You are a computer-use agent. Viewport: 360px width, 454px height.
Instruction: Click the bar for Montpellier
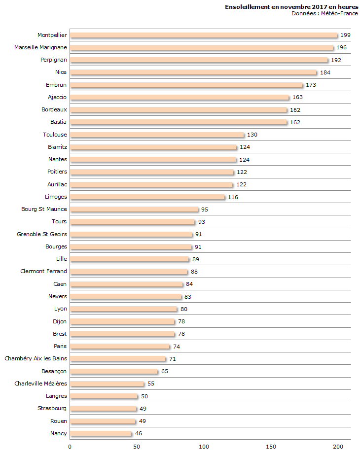coord(204,35)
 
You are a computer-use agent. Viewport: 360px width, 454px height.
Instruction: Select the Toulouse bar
coord(157,135)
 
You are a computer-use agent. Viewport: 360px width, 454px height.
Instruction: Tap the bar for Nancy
coord(101,433)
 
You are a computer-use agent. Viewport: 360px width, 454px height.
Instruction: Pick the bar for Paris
coord(119,346)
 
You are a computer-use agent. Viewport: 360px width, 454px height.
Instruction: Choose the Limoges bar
coord(147,197)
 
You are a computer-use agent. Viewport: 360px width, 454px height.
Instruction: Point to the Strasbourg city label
coord(52,408)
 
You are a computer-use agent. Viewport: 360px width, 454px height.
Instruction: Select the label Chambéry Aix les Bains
coord(36,358)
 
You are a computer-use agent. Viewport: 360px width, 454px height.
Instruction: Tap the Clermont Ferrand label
coord(43,271)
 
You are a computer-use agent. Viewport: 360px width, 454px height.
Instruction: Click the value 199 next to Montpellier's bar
coord(345,35)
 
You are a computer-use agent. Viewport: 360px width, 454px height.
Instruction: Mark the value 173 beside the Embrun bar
coord(311,85)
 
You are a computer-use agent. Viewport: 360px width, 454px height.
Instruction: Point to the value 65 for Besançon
coord(165,371)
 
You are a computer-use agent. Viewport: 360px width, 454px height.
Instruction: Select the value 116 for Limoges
coord(233,197)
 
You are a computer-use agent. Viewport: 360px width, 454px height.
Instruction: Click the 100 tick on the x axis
coord(204,447)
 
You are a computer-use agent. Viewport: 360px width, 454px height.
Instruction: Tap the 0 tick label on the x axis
coord(70,447)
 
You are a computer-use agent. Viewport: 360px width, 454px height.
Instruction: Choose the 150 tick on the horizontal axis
coord(271,447)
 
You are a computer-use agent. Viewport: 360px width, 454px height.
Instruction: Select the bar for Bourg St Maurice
coord(134,209)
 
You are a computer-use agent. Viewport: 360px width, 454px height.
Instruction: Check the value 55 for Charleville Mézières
coord(151,384)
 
